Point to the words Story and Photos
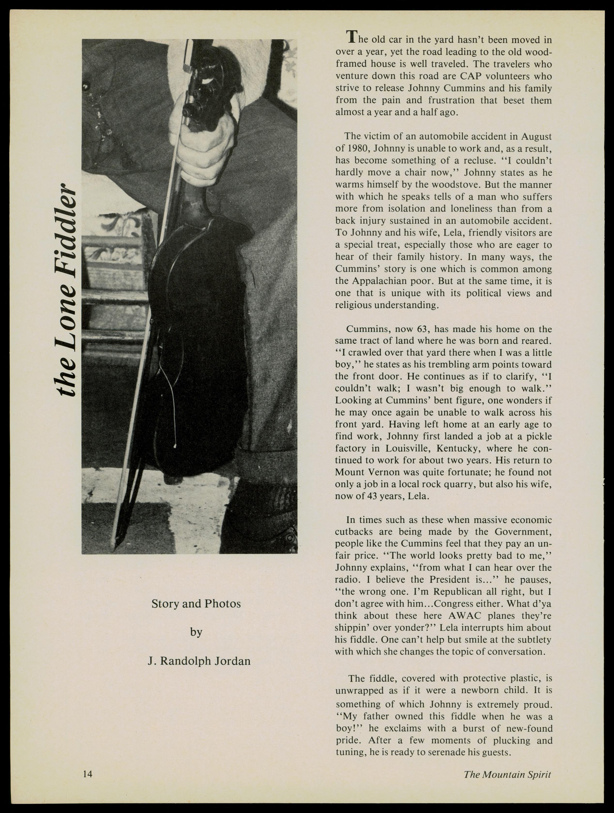(196, 604)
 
